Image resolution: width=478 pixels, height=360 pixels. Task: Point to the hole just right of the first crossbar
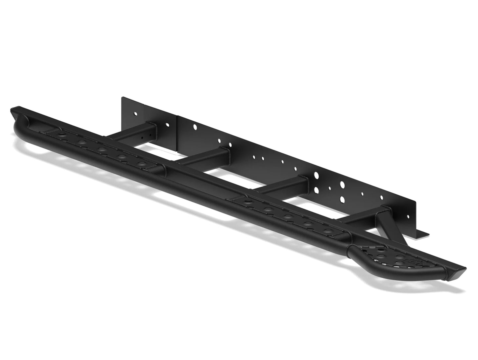click(167, 125)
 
